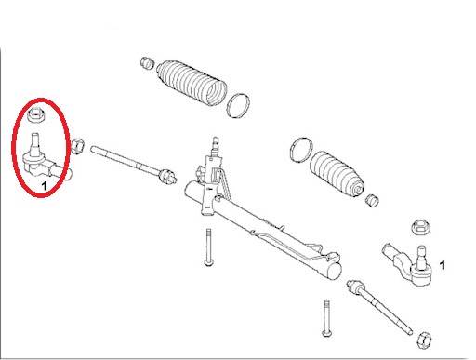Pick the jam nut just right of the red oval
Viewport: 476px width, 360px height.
79,146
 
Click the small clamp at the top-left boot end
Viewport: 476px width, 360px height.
144,63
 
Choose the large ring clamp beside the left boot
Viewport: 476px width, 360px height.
240,105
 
